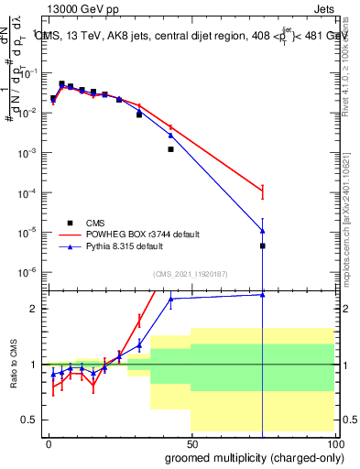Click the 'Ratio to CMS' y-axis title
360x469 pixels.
(x=13, y=365)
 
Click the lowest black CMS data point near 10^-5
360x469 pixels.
(x=262, y=245)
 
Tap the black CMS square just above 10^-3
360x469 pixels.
(x=170, y=149)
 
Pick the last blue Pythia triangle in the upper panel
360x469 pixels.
(x=262, y=230)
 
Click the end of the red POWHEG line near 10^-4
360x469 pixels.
(x=262, y=191)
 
